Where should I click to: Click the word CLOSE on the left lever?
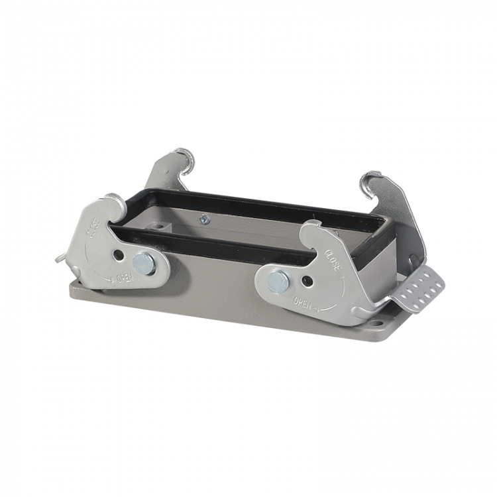coord(93,228)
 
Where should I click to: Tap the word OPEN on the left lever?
coord(126,278)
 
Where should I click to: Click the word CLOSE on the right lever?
coord(332,260)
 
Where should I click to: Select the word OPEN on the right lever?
coord(302,302)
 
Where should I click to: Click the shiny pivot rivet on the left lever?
coord(144,263)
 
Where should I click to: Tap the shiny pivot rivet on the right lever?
coord(278,282)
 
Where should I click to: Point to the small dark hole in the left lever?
coord(119,254)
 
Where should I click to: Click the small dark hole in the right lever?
coord(307,280)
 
